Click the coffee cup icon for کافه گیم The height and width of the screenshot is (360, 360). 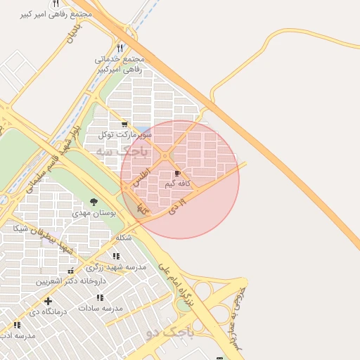[176, 173]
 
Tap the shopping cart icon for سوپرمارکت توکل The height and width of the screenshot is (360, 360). [124, 123]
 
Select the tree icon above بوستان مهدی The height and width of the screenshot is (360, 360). [94, 201]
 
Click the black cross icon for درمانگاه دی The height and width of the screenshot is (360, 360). [48, 301]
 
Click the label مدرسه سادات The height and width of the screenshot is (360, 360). [101, 309]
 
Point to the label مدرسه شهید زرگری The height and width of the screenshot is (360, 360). [115, 267]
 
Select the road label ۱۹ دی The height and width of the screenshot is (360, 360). [176, 206]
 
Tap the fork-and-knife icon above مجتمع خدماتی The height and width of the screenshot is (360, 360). [120, 49]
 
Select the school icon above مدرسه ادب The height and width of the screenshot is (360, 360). [17, 325]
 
